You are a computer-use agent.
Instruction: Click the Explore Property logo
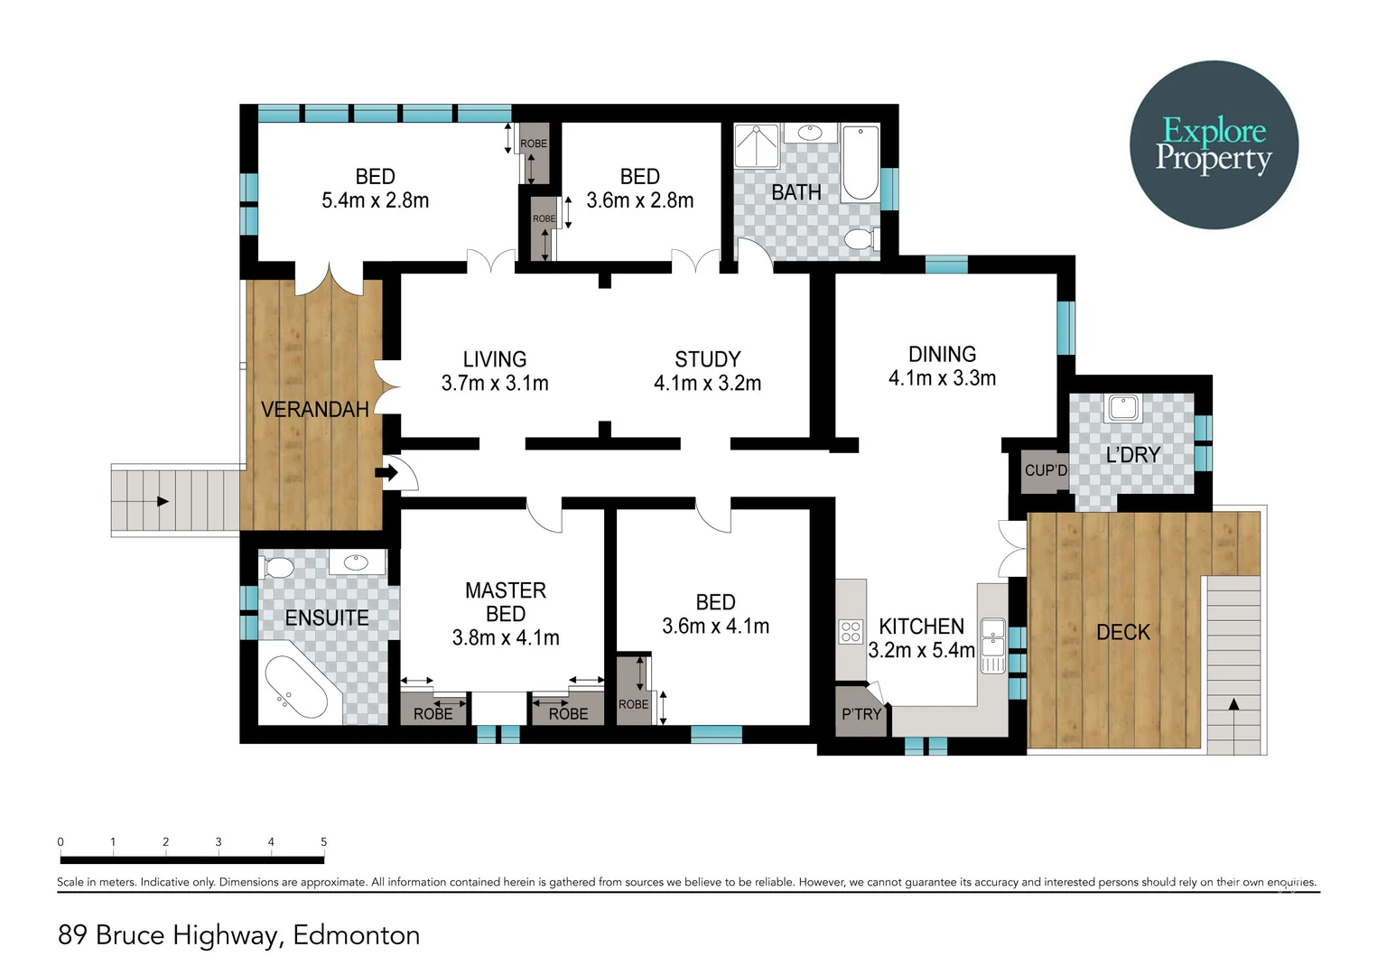tap(1214, 144)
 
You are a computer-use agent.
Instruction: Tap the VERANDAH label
tap(314, 410)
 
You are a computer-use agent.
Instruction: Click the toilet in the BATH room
tap(860, 239)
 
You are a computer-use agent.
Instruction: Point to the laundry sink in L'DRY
tap(1122, 408)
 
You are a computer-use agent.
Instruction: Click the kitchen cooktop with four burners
tap(851, 631)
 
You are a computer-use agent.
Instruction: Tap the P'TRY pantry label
tap(861, 714)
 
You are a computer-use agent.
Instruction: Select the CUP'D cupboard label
tap(1045, 470)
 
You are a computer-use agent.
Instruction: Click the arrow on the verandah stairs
tap(163, 501)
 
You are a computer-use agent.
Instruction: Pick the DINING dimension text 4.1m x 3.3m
tap(942, 378)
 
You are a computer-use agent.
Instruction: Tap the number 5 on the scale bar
tap(323, 841)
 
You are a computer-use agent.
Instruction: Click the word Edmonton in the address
tap(356, 934)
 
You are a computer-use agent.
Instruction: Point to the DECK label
tap(1122, 632)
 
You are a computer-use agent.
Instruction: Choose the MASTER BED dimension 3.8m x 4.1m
tap(506, 637)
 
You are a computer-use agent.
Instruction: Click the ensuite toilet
tap(278, 567)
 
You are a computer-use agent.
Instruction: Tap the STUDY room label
tap(707, 359)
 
